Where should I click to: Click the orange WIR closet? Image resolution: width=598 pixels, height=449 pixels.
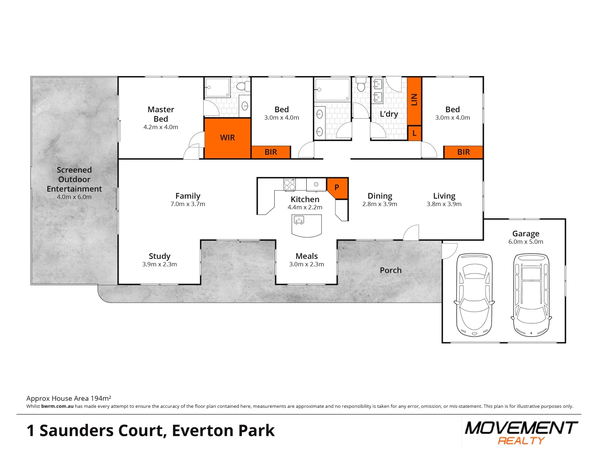pos(227,138)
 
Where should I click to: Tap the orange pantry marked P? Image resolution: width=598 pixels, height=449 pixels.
pos(337,187)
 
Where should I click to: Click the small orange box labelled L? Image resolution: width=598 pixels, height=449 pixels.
pos(414,133)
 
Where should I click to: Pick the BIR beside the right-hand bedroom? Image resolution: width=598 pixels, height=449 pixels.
pos(463,152)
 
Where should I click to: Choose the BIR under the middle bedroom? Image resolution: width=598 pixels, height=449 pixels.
pos(271,152)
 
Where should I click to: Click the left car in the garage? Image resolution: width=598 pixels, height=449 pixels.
pos(474,295)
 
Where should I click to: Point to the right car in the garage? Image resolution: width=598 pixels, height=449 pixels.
pos(532,295)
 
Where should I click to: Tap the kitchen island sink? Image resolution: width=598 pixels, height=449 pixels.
pos(299,220)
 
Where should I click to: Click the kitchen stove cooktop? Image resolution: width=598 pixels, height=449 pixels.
pos(289,184)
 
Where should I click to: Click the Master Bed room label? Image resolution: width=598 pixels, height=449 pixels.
pos(161,114)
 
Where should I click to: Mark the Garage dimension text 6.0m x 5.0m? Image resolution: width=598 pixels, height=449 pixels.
pos(526,242)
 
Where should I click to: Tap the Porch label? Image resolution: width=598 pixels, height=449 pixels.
pos(391,270)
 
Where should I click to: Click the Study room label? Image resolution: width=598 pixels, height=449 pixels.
pos(160,256)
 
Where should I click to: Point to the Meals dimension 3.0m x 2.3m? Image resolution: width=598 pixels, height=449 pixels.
pos(307,264)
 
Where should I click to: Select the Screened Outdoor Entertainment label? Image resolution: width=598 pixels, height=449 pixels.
pos(74,179)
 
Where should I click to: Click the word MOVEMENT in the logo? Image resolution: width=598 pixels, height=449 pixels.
pos(521,428)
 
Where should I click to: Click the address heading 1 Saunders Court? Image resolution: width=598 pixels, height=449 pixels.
pos(150,431)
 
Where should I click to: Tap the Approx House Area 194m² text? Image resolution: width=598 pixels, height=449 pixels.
pos(69,398)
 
